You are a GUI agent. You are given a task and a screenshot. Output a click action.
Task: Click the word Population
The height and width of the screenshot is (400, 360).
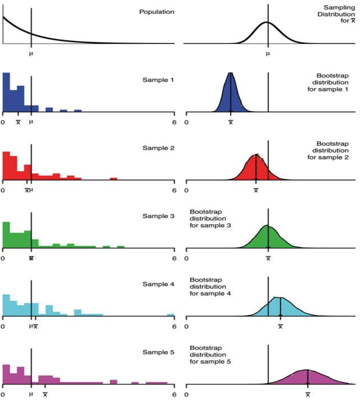coord(157,12)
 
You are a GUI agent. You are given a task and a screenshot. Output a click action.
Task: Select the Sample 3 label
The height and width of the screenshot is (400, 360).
coord(159,216)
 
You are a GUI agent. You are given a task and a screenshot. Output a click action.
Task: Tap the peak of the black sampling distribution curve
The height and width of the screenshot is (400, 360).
coord(267,22)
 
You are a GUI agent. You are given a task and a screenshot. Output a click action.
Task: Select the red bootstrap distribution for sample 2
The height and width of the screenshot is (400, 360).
coord(256,168)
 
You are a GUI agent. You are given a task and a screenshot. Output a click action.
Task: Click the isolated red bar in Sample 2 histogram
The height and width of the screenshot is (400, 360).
coord(113,179)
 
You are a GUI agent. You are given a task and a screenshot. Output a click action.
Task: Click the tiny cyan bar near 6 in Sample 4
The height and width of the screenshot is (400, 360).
coord(171,315)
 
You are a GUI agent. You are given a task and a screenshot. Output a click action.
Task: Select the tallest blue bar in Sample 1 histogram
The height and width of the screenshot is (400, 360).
coord(6,92)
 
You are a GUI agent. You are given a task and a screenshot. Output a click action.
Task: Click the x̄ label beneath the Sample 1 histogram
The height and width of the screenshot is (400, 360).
coord(18,122)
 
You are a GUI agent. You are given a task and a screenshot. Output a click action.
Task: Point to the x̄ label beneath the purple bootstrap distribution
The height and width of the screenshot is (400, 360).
coord(308,394)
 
